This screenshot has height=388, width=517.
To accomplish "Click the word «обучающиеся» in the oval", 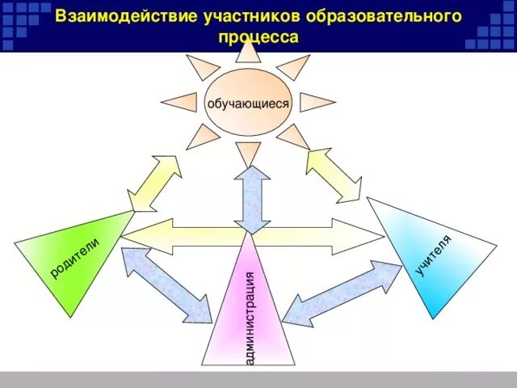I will [x=248, y=103].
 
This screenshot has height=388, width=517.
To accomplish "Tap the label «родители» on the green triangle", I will [x=74, y=258].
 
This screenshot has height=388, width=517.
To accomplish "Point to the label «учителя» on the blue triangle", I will [x=434, y=253].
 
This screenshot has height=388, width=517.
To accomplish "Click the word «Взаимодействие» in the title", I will [x=114, y=17].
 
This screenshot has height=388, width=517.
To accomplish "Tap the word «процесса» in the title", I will [x=258, y=37].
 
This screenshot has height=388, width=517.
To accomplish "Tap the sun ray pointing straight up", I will [x=249, y=53].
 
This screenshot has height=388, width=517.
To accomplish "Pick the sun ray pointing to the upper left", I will [x=201, y=67].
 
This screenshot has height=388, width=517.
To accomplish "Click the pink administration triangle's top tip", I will [x=253, y=238].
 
